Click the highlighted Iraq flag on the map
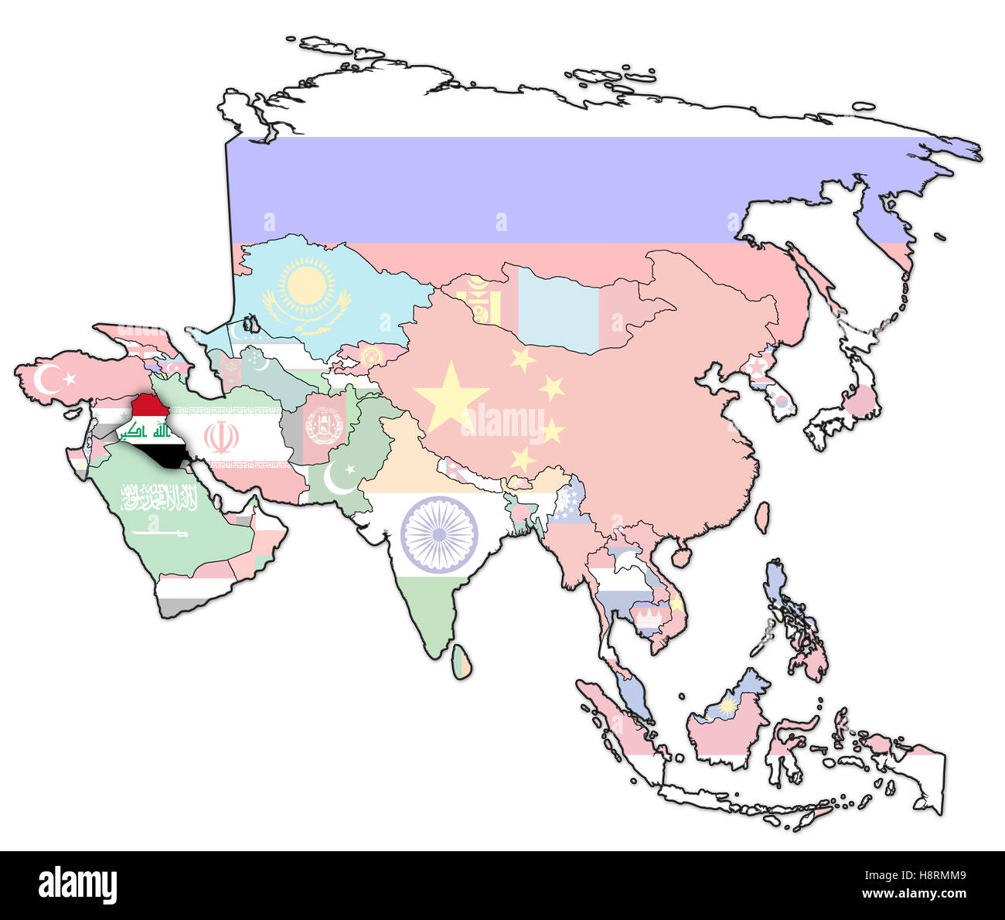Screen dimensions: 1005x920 [x=150, y=430]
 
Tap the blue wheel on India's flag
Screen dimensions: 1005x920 [x=439, y=534]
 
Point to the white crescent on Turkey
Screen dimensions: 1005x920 [x=49, y=379]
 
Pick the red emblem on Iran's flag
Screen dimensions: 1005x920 [x=221, y=438]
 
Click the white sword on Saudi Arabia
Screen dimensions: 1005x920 [x=159, y=533]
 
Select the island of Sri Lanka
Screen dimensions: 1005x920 [x=462, y=663]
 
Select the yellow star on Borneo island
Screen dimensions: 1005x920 [x=727, y=704]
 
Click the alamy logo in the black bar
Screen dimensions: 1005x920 [x=77, y=884]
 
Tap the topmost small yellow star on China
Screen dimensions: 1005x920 [x=522, y=359]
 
